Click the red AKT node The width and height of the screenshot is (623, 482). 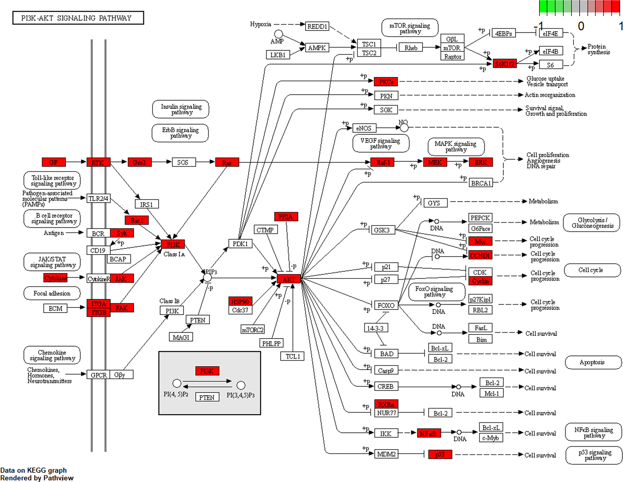click(x=289, y=279)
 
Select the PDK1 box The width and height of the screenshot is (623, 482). click(x=240, y=244)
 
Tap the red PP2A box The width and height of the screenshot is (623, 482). click(x=286, y=217)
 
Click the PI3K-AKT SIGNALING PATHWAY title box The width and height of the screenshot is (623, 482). click(x=78, y=18)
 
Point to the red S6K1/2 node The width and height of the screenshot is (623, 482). click(x=504, y=64)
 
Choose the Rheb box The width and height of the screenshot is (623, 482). click(x=411, y=48)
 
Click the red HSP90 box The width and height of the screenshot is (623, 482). click(x=240, y=302)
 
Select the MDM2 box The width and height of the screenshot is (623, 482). click(x=386, y=454)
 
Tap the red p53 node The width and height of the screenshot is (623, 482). click(x=440, y=454)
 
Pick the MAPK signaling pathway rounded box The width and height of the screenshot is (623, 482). click(x=456, y=147)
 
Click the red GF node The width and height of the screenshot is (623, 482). click(x=54, y=162)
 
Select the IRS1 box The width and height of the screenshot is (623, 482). click(x=147, y=204)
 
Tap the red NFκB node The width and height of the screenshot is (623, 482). click(x=428, y=433)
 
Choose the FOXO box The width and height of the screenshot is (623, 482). click(x=386, y=305)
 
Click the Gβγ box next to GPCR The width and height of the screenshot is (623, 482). click(x=121, y=375)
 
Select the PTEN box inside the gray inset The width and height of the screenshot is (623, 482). click(x=207, y=397)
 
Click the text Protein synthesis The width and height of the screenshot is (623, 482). click(x=599, y=49)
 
